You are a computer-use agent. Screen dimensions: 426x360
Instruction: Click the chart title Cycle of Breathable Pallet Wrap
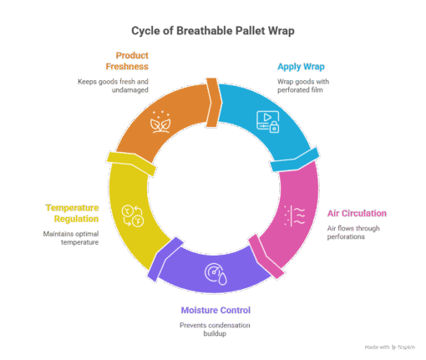pos(213,31)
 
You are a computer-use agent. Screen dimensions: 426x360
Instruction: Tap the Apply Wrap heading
pos(301,67)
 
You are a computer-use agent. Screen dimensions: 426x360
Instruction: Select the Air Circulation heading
pos(357,213)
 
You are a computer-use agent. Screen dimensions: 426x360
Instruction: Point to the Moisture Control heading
pos(216,310)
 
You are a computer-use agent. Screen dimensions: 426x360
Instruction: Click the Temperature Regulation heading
pos(72,213)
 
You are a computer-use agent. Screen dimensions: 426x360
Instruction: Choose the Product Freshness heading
pos(127,61)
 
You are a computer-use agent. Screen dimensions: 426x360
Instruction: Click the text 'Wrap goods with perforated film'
pos(303,86)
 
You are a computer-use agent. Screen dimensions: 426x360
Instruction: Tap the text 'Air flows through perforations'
pos(353,232)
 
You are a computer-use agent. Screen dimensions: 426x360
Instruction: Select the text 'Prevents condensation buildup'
pos(215,329)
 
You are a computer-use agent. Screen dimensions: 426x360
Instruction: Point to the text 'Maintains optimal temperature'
pos(71,238)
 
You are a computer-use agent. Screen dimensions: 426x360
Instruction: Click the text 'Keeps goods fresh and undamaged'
pos(113,86)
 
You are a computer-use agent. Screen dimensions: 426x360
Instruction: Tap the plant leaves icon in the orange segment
pos(160,122)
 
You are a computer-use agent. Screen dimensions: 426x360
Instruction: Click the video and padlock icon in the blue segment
pos(267,122)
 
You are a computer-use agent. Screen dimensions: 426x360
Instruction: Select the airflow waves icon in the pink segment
pos(294,215)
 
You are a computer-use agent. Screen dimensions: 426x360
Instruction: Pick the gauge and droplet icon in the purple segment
pos(216,274)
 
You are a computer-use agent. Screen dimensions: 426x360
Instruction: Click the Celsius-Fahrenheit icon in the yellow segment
pos(133,215)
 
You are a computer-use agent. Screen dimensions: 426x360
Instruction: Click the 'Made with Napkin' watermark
pos(390,347)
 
